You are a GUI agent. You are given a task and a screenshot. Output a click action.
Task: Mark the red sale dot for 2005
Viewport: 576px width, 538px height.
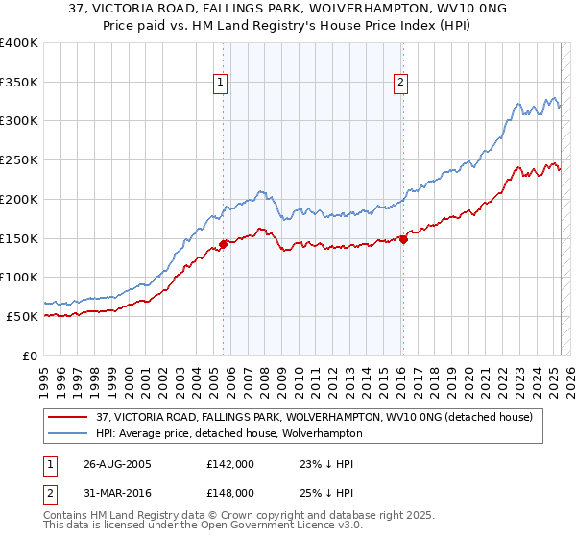223,244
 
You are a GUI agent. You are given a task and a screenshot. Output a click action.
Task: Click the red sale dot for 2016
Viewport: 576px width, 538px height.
403,240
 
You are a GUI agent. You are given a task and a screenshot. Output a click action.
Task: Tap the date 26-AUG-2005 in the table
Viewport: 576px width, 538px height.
118,464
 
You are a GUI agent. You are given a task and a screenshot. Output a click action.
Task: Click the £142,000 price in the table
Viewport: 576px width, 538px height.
230,464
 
